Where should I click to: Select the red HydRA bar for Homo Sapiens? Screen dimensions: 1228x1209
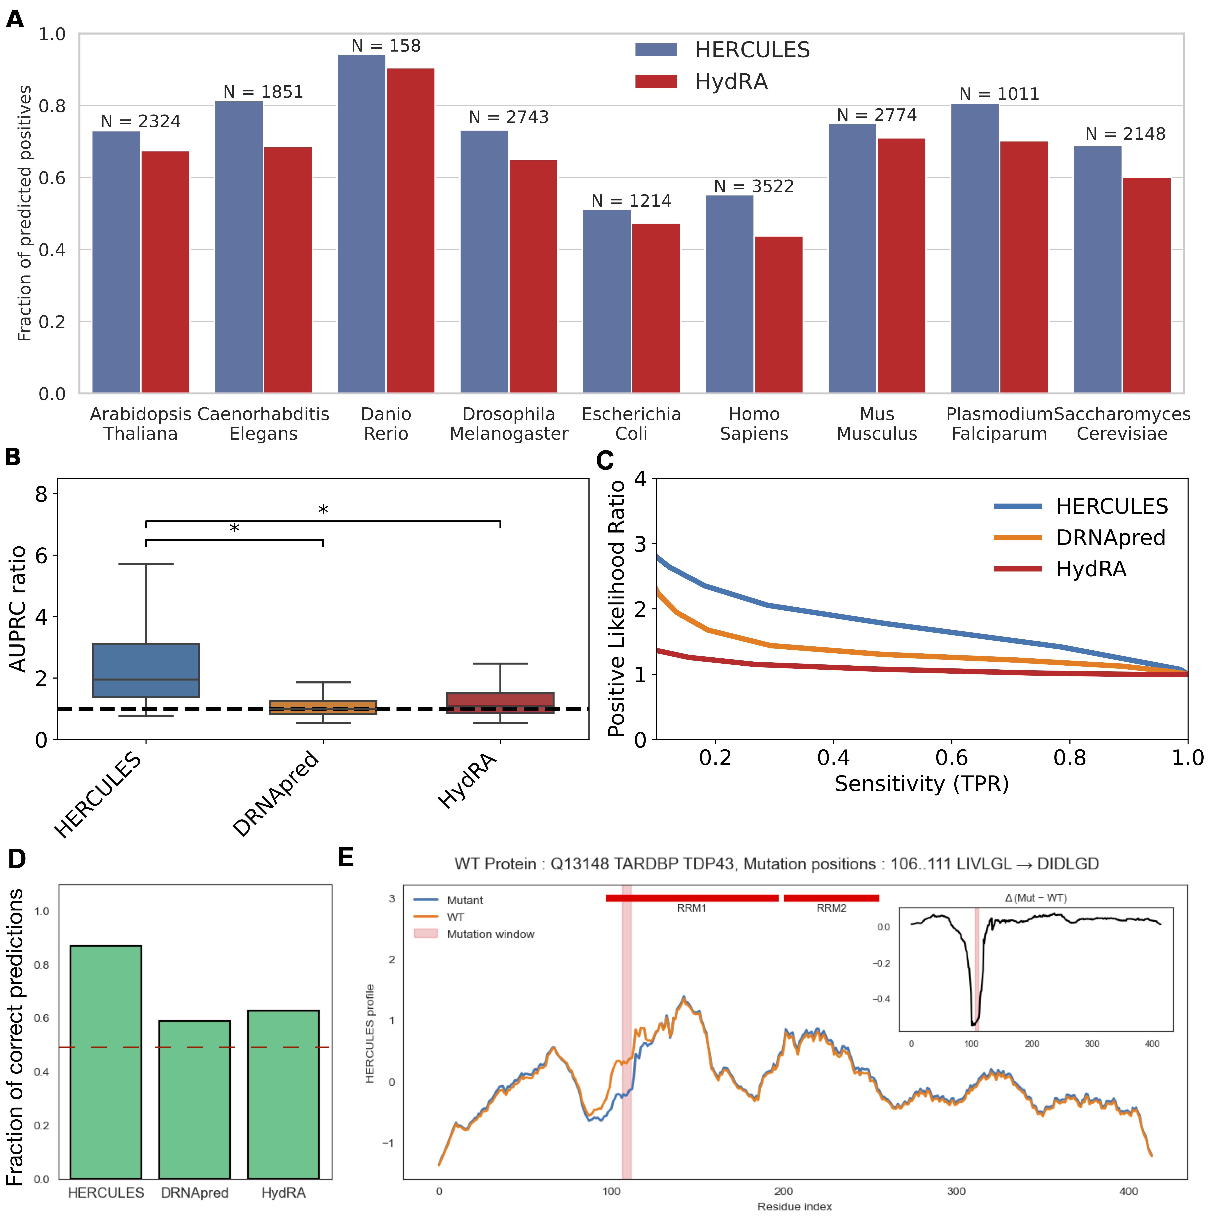pos(778,314)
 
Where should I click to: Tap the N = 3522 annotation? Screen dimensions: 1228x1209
pos(754,186)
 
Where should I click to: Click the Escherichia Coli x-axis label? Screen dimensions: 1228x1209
pos(631,424)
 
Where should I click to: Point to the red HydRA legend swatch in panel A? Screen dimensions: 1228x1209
pos(656,81)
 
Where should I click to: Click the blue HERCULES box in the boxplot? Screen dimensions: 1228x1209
pos(146,670)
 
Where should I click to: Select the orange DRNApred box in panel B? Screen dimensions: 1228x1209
pos(323,707)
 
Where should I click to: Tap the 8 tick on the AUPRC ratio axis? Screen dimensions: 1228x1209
pos(41,494)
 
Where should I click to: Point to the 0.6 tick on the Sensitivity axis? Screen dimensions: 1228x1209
pos(951,758)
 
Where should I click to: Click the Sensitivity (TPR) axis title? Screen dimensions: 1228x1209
pos(921,784)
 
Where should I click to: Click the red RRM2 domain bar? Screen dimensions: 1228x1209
pos(831,898)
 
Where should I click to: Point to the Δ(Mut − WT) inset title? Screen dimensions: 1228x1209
pos(1036,898)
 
